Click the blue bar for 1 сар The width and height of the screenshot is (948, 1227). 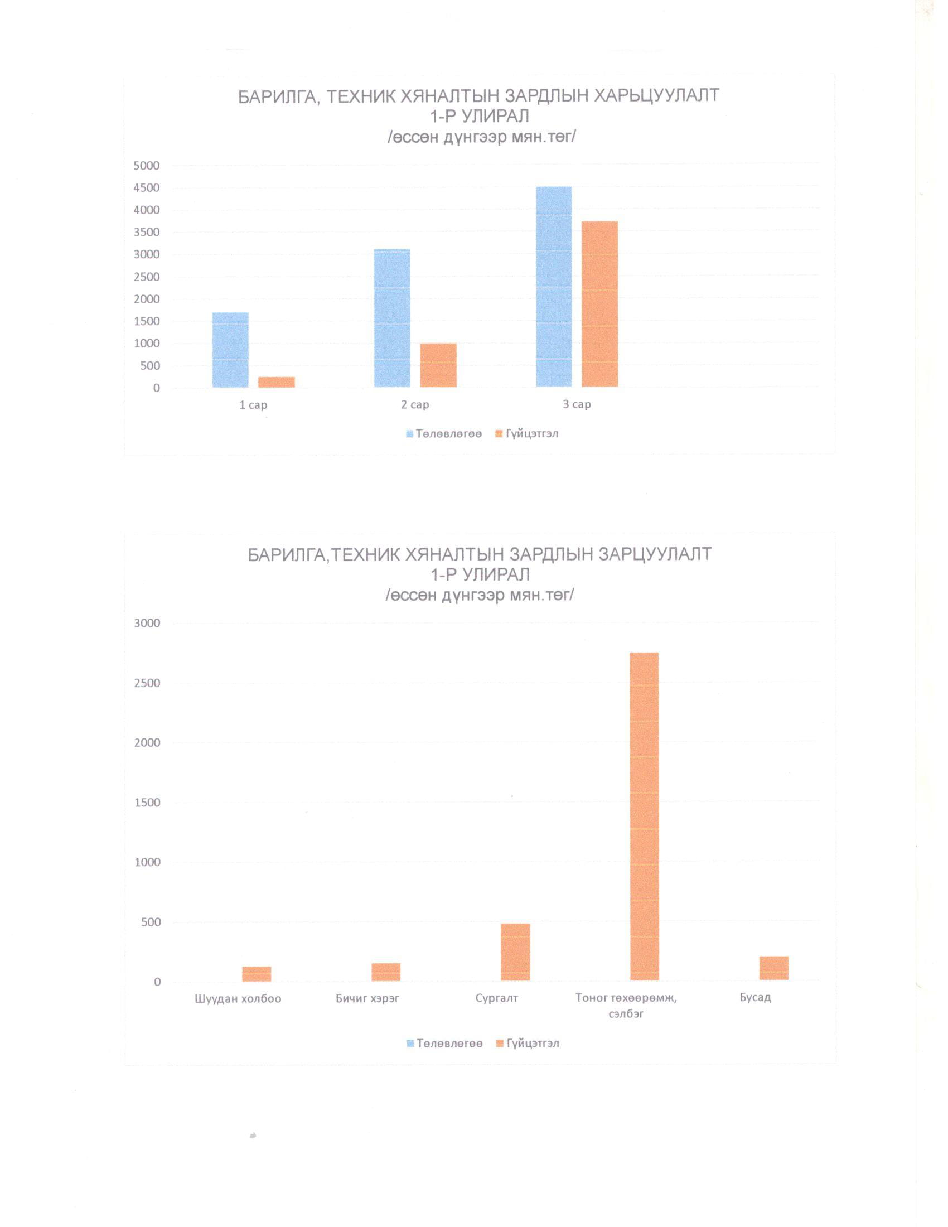click(230, 350)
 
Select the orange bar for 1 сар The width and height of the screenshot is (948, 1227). click(276, 382)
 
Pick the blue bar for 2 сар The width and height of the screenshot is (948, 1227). click(392, 318)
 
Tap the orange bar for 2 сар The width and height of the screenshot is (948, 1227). click(438, 365)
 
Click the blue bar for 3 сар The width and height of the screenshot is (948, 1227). click(554, 287)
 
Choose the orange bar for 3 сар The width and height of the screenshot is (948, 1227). click(600, 304)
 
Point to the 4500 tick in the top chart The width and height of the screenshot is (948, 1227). click(147, 187)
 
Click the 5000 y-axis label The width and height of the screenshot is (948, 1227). click(147, 166)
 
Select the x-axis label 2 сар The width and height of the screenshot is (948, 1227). click(415, 404)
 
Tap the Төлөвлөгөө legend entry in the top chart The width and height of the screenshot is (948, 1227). click(444, 434)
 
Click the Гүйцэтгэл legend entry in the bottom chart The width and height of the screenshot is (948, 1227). click(528, 1044)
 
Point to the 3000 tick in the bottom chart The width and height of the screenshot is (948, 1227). click(147, 623)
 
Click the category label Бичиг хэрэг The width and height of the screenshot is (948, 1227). click(367, 998)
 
